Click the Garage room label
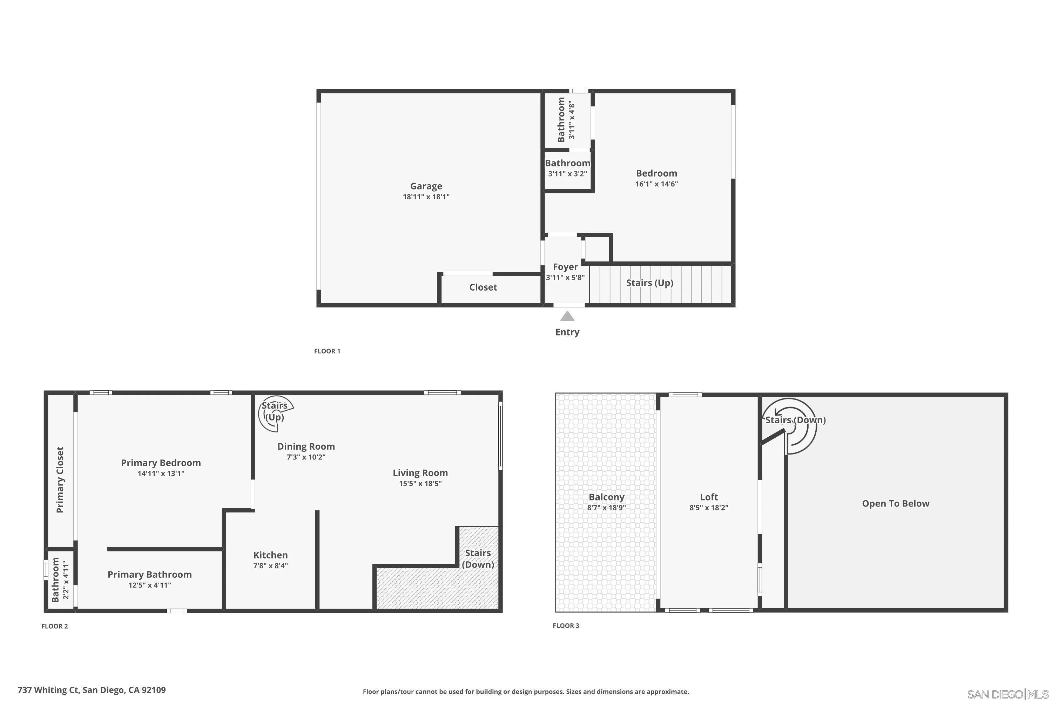426,186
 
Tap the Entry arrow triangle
567,317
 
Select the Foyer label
565,267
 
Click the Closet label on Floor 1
483,287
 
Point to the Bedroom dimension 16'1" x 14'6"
656,184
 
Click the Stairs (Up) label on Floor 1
649,283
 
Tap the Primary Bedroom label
161,463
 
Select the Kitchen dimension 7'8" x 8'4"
270,565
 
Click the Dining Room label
306,446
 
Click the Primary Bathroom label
149,574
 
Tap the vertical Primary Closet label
60,479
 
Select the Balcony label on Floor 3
606,497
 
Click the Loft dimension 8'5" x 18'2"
708,508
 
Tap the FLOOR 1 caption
327,351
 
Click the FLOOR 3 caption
566,625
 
